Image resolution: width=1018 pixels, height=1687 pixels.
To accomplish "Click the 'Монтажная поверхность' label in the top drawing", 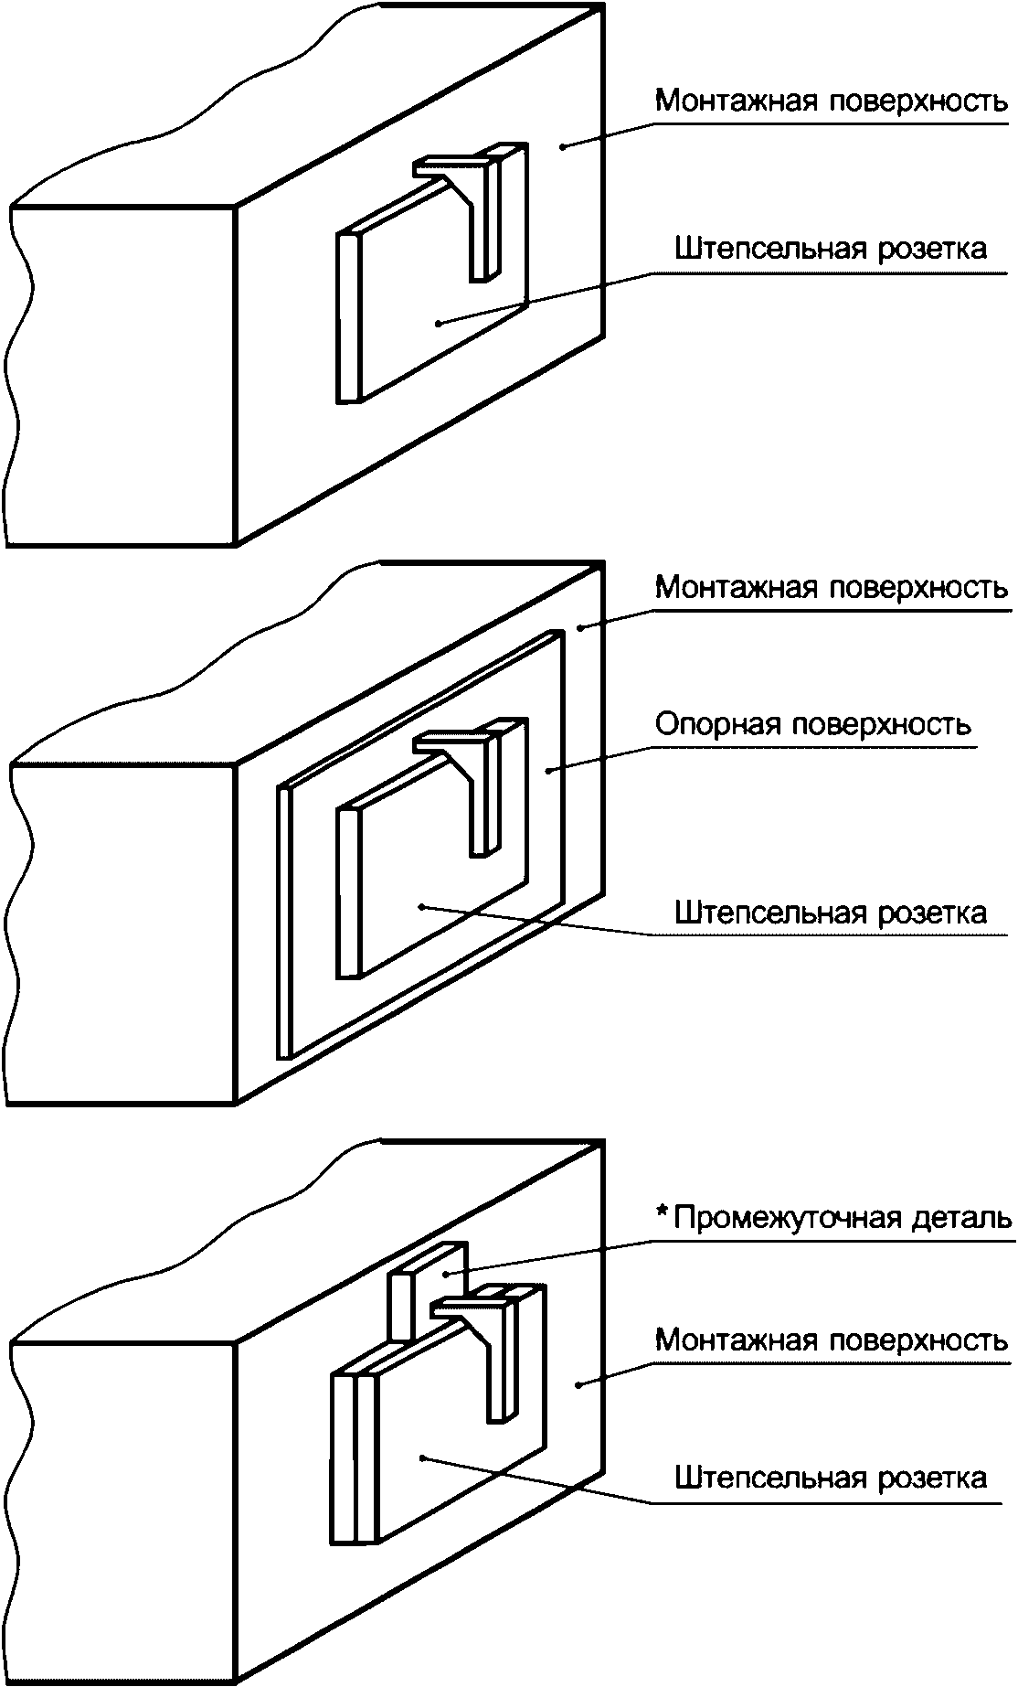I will [831, 101].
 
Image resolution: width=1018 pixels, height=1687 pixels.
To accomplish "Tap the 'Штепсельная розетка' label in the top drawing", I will [831, 250].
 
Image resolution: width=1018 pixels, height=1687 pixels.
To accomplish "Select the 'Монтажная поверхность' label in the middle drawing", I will [831, 588].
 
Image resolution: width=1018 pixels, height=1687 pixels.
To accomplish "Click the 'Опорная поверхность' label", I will [812, 725].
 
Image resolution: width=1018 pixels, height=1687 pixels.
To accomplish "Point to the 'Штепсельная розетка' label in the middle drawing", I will [831, 913].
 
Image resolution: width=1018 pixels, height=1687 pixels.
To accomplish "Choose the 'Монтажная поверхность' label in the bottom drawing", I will [831, 1341].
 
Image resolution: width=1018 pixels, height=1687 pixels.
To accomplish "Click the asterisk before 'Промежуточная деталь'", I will [663, 1214].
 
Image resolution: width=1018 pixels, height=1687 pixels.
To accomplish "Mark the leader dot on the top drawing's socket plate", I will [439, 322].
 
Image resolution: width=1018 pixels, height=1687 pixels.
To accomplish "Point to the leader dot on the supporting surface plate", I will [548, 771].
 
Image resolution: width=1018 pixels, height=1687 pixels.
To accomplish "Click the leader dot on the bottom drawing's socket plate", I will [421, 1457].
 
